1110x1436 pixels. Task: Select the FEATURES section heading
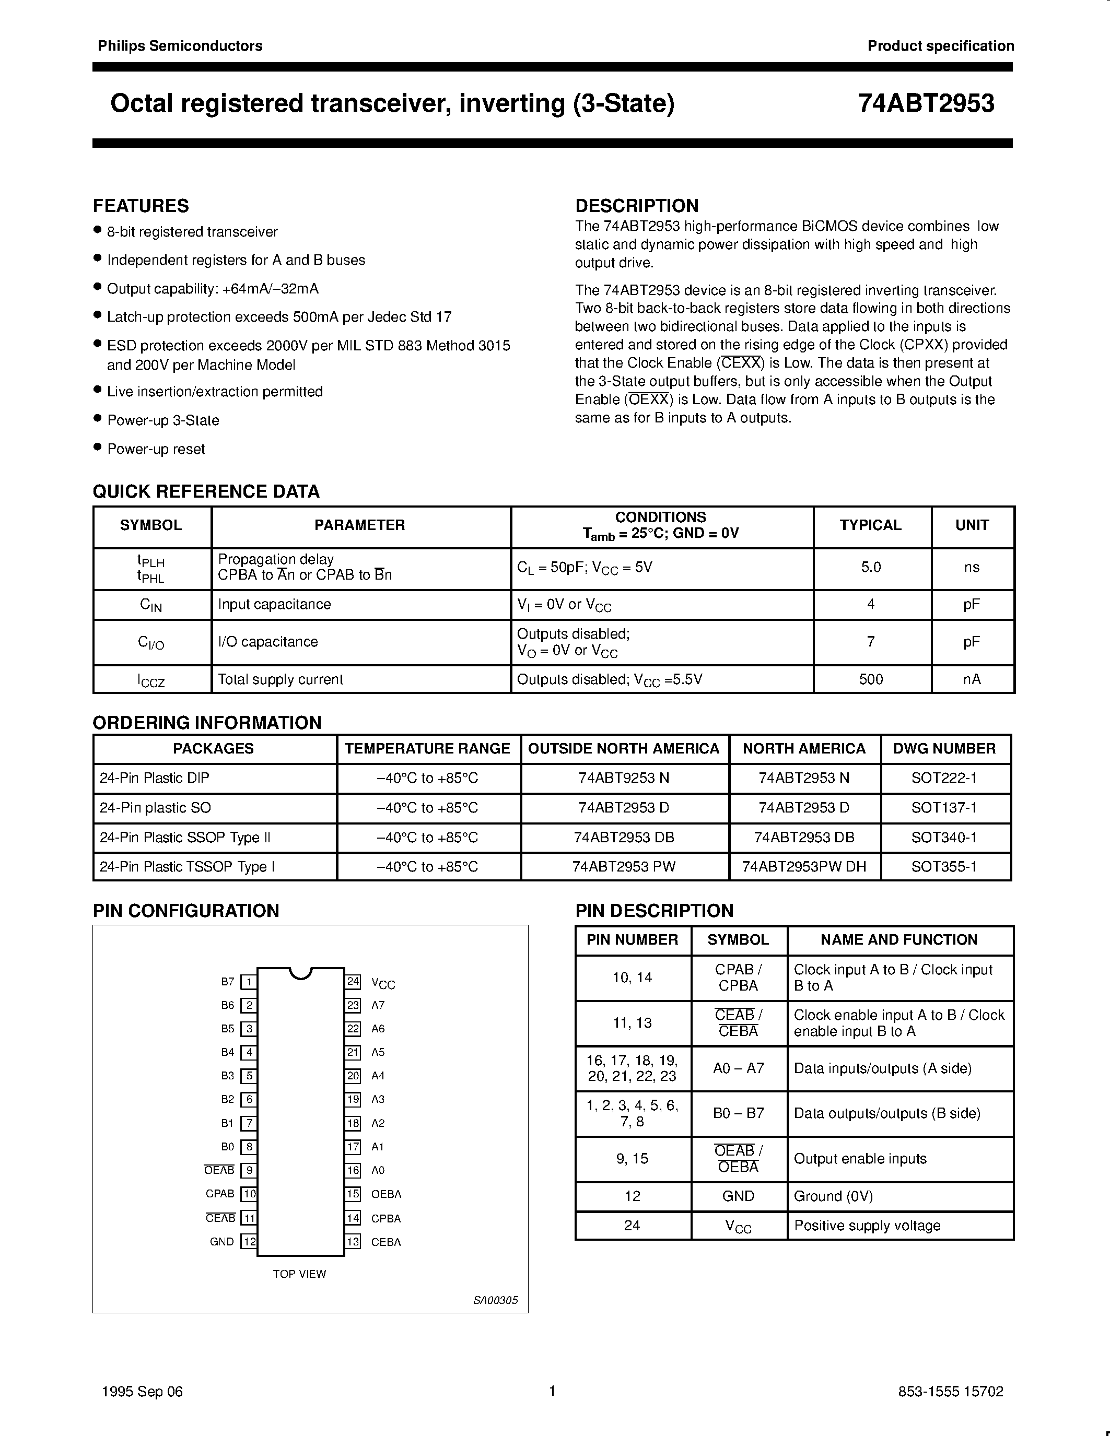[141, 206]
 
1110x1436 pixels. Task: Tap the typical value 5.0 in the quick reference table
[871, 567]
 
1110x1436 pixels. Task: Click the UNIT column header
[972, 525]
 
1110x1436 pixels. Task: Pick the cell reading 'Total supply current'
[281, 679]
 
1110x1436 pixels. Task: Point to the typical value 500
[871, 679]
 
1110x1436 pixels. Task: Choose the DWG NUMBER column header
[944, 748]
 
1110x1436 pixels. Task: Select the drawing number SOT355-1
[944, 867]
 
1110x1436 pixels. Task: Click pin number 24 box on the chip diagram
[353, 982]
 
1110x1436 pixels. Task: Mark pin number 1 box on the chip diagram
[249, 982]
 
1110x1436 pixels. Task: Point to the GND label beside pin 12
[221, 1241]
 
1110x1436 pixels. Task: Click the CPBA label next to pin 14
[385, 1218]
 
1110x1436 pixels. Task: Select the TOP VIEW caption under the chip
[299, 1274]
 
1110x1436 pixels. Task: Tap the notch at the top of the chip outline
[300, 972]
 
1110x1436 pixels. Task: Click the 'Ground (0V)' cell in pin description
[833, 1196]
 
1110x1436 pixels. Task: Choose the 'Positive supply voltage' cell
[867, 1226]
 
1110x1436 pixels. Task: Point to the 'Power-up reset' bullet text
[156, 449]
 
